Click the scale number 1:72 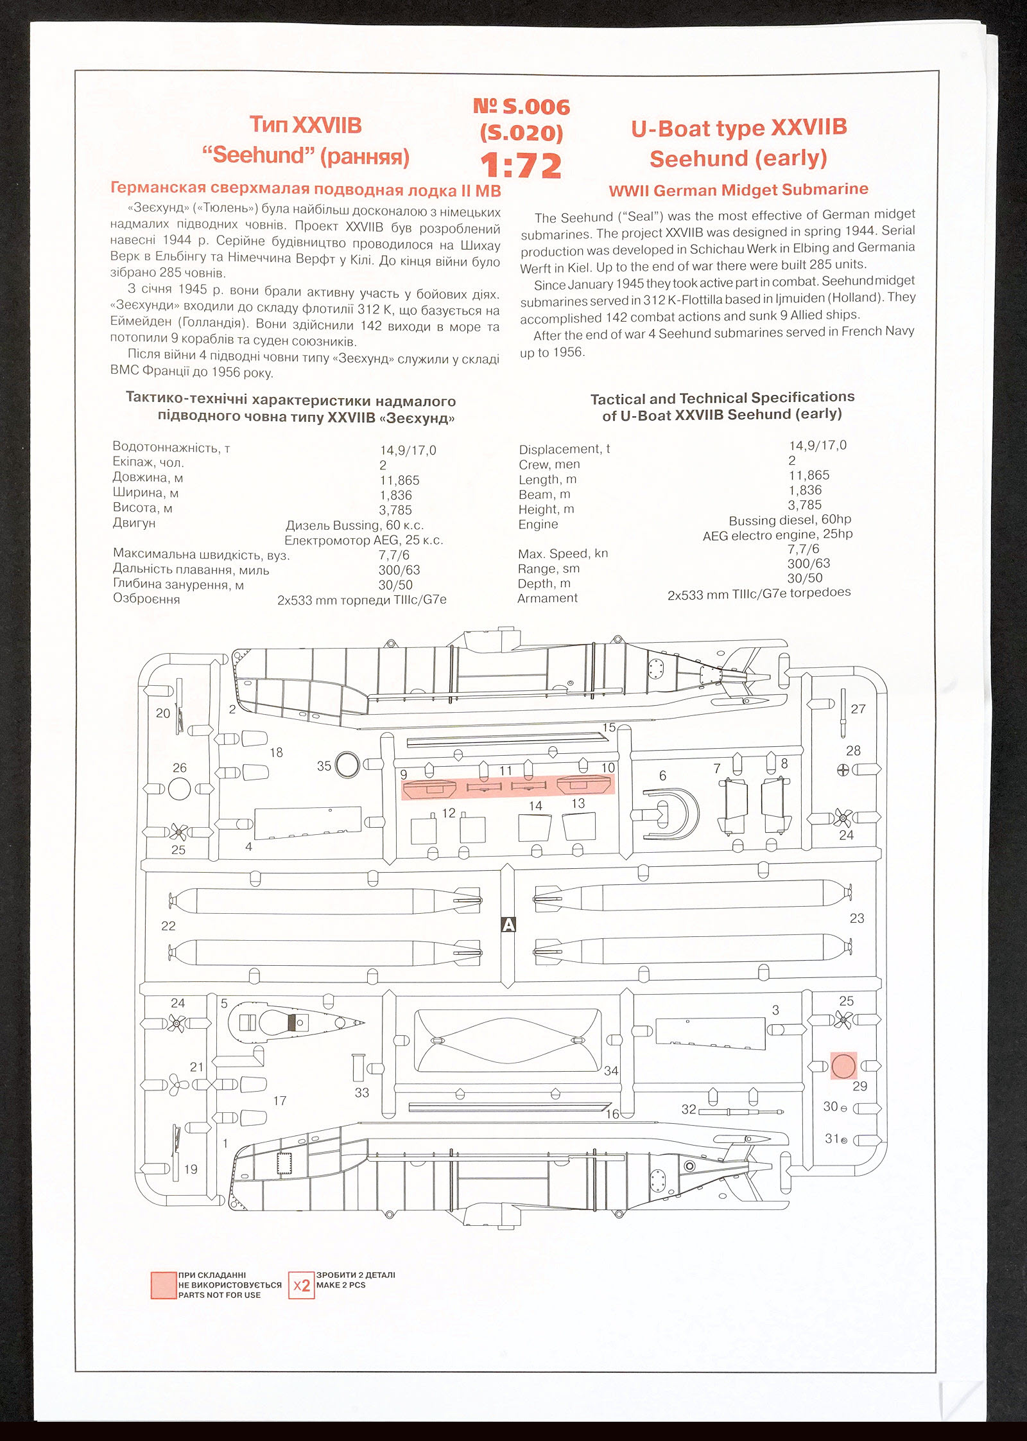click(x=521, y=166)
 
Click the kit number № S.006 click(x=521, y=106)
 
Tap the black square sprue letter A click(x=508, y=925)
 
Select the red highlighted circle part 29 click(x=843, y=1066)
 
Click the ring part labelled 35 click(x=347, y=765)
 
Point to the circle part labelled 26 click(x=179, y=789)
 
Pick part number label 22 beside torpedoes click(x=168, y=925)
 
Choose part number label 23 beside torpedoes click(x=857, y=918)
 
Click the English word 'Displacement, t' click(x=564, y=449)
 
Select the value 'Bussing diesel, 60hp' click(x=790, y=520)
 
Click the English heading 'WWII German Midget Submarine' click(x=738, y=189)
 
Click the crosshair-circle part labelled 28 click(x=843, y=769)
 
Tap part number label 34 click(x=610, y=1070)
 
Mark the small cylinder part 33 click(x=358, y=1067)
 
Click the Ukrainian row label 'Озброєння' click(x=146, y=598)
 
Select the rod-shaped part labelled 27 click(x=843, y=713)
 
